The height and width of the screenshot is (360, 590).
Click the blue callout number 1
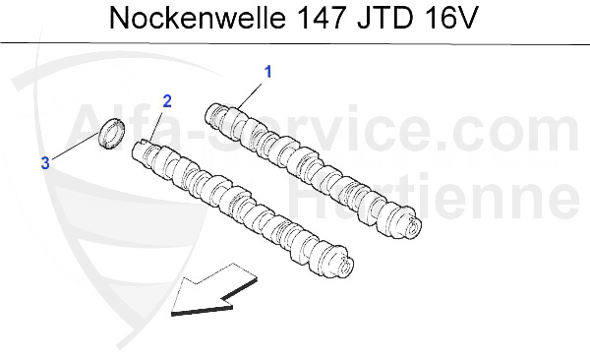pos(266,71)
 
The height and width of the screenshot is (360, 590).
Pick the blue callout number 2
pos(167,101)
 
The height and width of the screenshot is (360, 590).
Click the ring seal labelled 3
pos(112,136)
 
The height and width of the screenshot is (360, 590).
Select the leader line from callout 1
pos(250,92)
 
